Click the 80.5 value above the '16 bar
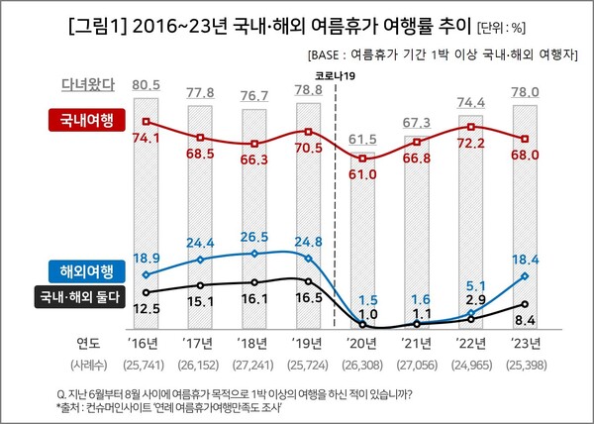147,85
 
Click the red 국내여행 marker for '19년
311,131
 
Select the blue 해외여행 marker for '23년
527,276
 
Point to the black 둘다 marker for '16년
147,292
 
